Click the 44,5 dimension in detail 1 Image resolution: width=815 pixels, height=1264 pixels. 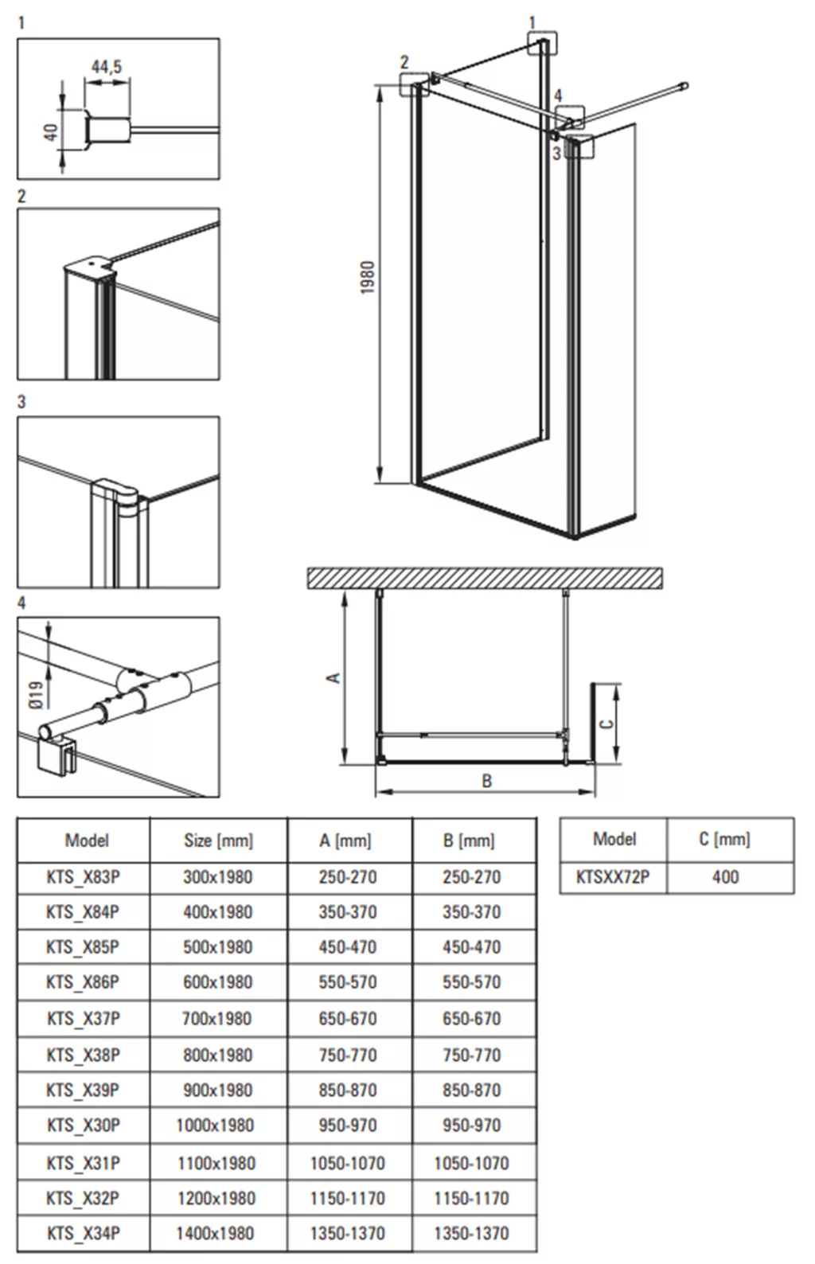pos(107,67)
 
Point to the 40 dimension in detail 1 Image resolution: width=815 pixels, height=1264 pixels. pos(51,133)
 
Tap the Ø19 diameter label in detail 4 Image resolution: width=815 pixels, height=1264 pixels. pos(36,695)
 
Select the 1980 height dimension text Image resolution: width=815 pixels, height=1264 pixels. pos(368,276)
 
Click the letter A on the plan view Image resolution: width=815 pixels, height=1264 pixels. pos(333,677)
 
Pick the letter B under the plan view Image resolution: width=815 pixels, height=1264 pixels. pos(486,781)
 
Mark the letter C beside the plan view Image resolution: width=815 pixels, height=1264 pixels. pos(606,724)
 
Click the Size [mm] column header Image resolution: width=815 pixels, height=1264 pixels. pos(218,841)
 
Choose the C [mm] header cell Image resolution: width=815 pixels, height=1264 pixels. pos(725,839)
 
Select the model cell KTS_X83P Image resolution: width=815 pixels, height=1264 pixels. pos(84,877)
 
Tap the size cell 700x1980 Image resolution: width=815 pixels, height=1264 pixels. pos(216,1019)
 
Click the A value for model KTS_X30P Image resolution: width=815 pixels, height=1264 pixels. pos(348,1125)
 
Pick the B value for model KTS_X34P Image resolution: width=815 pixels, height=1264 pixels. pos(472,1233)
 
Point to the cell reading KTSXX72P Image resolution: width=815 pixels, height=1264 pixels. pos(613,876)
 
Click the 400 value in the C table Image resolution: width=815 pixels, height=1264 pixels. pos(725,876)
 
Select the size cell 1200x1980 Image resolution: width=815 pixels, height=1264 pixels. pos(216,1198)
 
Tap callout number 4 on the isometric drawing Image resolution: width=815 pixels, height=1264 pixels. pos(558,95)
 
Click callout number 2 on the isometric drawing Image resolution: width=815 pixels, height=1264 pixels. pos(404,62)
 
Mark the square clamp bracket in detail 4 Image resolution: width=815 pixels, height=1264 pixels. pos(57,755)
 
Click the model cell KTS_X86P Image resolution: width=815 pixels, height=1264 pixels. pos(83,982)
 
